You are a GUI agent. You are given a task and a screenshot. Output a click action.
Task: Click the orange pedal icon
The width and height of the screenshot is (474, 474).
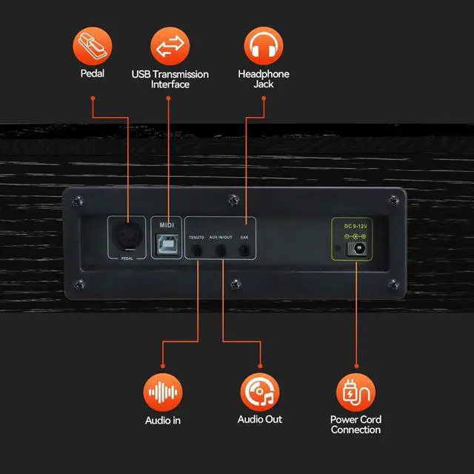[93, 46]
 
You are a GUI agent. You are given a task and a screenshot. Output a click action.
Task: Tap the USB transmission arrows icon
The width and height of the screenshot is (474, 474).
[170, 46]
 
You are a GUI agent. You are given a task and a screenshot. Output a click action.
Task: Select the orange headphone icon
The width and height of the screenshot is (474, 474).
[264, 46]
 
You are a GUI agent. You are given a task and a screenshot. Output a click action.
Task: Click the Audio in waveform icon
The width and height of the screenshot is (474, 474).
[163, 392]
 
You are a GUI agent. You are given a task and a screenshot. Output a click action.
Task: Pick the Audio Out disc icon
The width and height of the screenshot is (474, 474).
[260, 392]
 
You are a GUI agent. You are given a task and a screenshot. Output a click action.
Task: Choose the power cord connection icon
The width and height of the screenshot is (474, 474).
[355, 392]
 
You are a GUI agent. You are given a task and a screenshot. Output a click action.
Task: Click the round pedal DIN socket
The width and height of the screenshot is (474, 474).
[127, 236]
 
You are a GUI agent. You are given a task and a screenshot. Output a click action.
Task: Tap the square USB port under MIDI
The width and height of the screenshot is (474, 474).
[167, 244]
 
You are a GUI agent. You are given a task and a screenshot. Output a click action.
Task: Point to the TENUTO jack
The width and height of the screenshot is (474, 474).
[197, 250]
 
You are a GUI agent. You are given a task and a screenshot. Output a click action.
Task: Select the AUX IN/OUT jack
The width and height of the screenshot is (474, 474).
[221, 250]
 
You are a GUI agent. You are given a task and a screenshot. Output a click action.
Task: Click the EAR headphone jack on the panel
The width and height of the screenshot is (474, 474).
[244, 250]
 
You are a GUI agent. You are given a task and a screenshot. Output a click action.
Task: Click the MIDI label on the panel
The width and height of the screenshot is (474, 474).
[167, 225]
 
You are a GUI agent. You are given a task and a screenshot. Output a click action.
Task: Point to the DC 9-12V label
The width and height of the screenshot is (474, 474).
[355, 226]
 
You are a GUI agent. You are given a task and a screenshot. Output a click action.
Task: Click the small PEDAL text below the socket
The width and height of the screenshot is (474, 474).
[127, 258]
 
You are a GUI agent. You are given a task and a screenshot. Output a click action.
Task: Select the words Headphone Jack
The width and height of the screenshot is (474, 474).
[264, 79]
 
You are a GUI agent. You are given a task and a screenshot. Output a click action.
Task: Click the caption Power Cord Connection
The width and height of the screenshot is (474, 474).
[355, 424]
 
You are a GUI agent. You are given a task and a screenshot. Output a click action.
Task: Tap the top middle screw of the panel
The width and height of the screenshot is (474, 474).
[234, 200]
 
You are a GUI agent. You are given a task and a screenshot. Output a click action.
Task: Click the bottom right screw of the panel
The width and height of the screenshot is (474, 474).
[393, 284]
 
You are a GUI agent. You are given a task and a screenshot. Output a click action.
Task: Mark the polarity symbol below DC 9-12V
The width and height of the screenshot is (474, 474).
[355, 236]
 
